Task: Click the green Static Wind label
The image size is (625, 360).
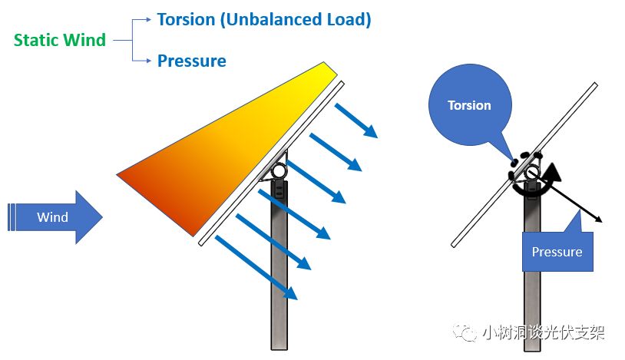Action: tap(60, 40)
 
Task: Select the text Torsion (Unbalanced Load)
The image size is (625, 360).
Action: tap(264, 20)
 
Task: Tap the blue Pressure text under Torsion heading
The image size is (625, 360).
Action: tap(192, 61)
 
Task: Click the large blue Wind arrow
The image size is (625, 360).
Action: tap(58, 217)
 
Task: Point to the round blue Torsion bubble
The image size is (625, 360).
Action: tap(469, 105)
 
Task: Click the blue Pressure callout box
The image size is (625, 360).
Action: tap(557, 251)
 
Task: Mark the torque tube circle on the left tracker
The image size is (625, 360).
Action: tap(279, 170)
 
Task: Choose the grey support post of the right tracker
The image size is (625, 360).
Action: tap(531, 307)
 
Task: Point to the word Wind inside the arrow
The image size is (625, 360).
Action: tap(52, 217)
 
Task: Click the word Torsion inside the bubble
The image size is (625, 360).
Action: tap(469, 105)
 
